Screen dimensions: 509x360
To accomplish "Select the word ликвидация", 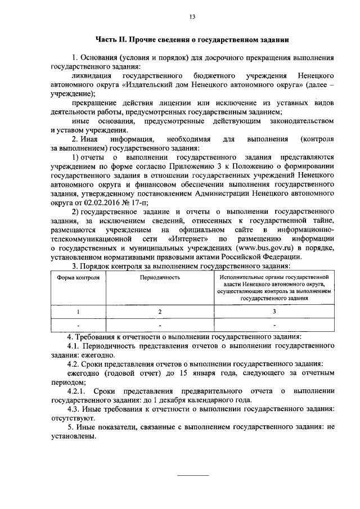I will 90,75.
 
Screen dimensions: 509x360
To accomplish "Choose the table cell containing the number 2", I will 160,312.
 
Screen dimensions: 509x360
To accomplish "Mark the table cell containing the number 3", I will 274,312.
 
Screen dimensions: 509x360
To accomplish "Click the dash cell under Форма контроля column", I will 79,326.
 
